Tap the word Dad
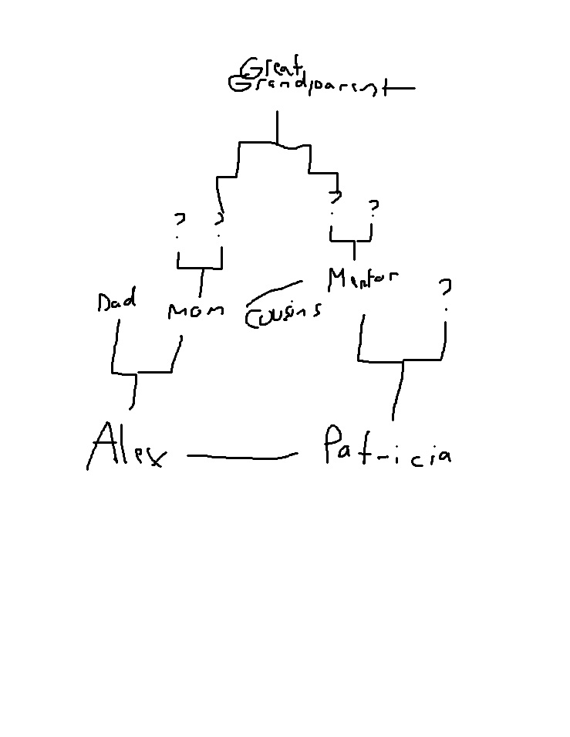(x=116, y=300)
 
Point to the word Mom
(x=195, y=311)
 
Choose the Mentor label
(x=363, y=279)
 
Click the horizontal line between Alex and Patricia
(x=241, y=457)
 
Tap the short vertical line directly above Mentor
(x=354, y=249)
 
